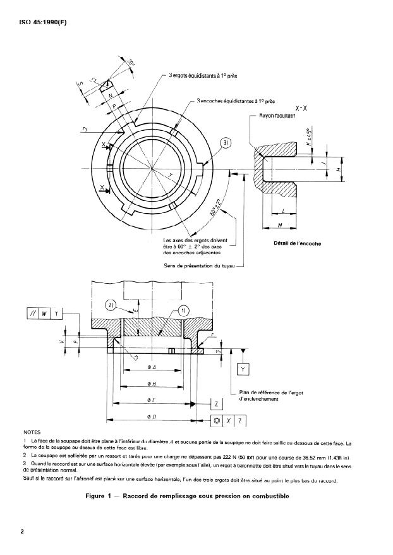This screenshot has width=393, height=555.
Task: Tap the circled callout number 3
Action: click(226, 143)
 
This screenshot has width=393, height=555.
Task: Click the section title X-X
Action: click(301, 108)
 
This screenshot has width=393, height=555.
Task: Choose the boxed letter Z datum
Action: click(217, 403)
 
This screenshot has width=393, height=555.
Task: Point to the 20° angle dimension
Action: click(131, 63)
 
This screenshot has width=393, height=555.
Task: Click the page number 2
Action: click(22, 531)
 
